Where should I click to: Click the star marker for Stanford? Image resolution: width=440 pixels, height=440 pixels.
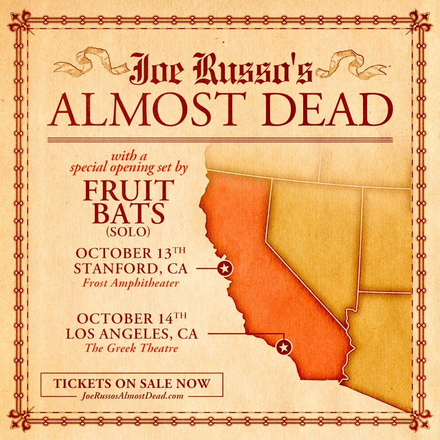(x=224, y=268)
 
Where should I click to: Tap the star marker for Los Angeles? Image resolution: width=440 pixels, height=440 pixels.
(x=284, y=348)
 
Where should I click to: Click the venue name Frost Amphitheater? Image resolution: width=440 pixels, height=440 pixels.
(x=130, y=283)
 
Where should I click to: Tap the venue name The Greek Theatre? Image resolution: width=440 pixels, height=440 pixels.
(x=131, y=348)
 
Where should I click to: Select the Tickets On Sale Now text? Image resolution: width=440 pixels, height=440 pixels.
(x=132, y=384)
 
